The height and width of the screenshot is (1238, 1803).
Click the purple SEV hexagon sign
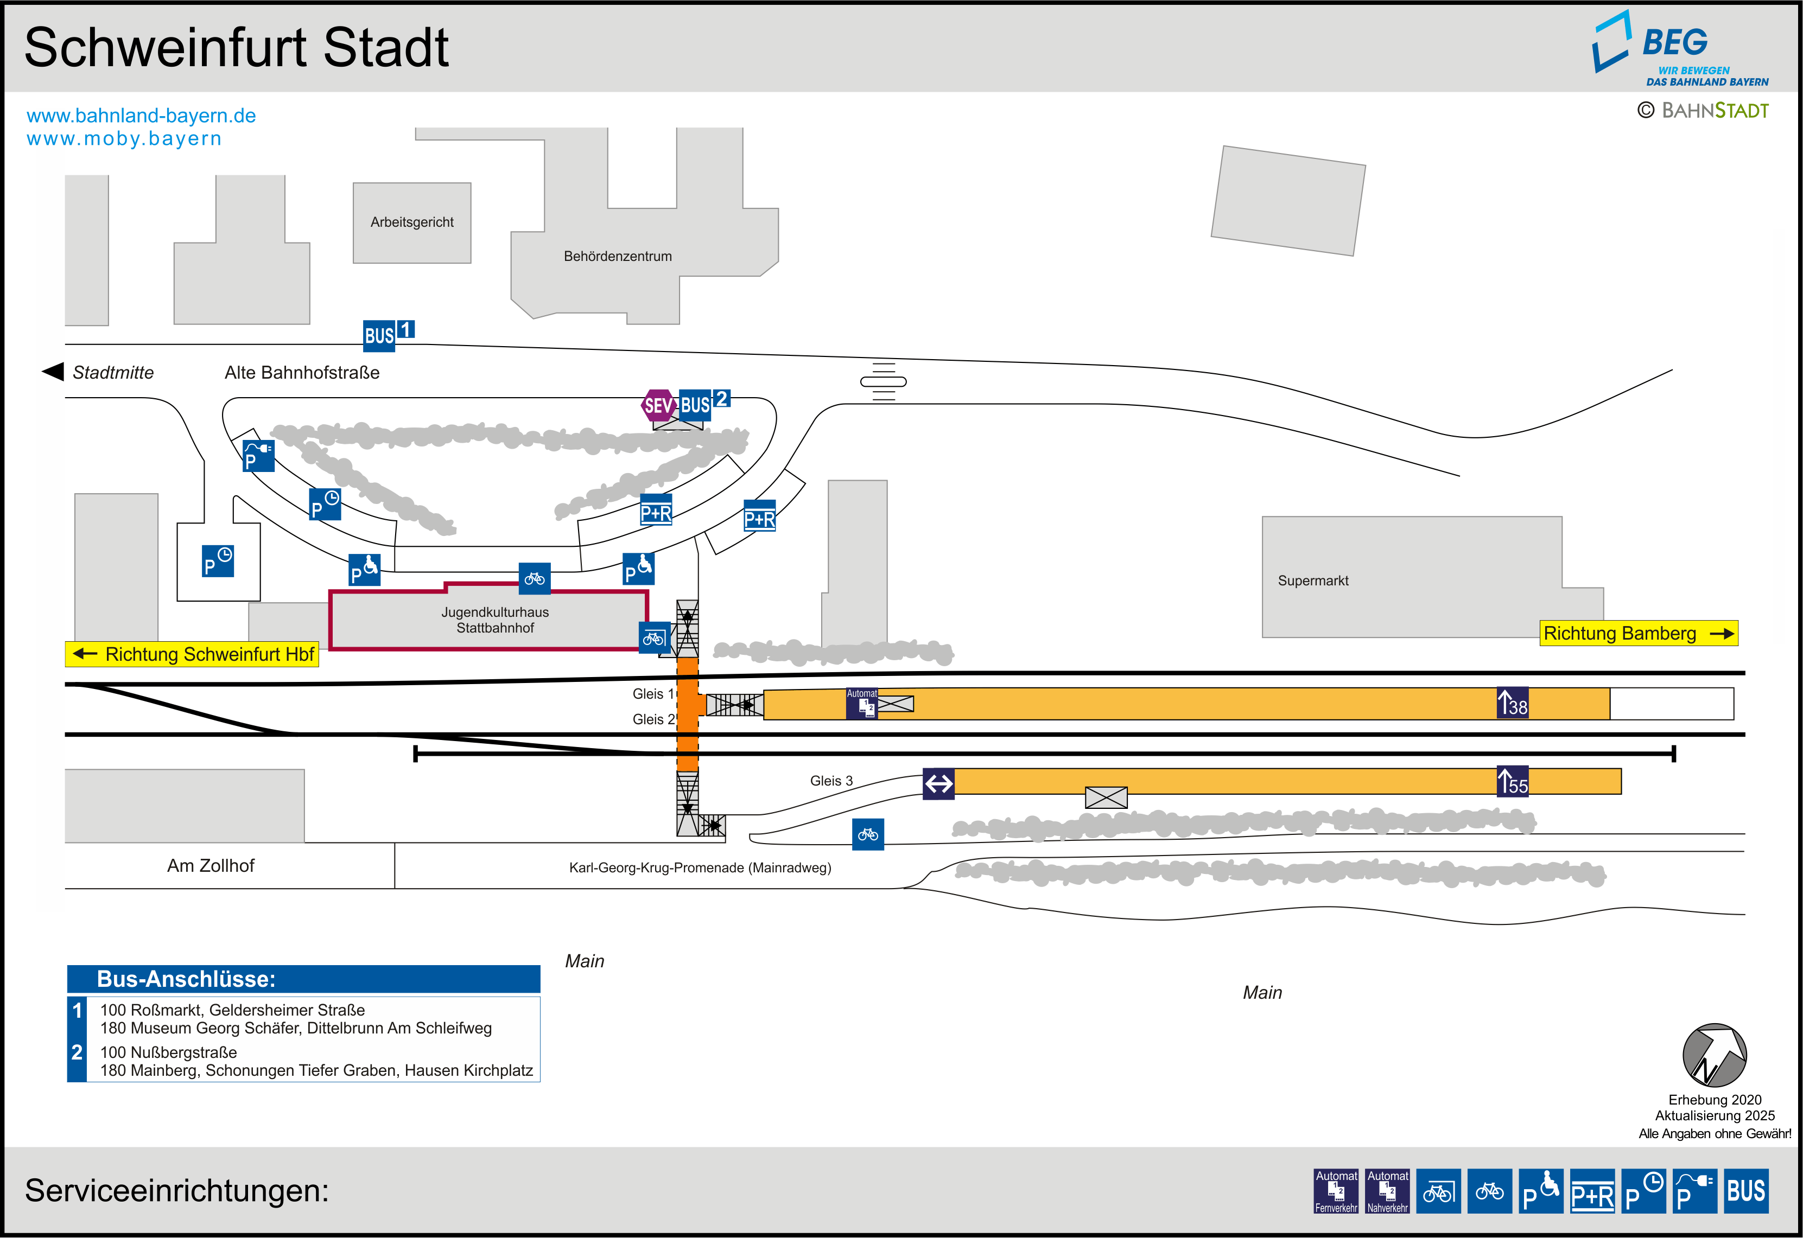(x=657, y=405)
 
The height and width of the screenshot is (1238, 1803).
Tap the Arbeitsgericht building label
(x=412, y=222)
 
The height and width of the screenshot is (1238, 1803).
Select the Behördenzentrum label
(x=618, y=257)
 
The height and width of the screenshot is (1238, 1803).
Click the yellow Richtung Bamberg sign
(x=1638, y=633)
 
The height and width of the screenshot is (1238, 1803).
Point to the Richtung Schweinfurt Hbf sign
(x=192, y=654)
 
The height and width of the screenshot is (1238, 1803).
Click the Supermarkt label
(x=1313, y=581)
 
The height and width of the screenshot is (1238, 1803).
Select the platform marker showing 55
(x=1512, y=781)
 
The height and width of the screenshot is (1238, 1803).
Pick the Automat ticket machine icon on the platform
(x=862, y=704)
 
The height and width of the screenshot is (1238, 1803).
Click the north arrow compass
(x=1714, y=1055)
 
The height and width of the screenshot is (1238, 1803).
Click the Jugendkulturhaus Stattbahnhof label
(x=495, y=620)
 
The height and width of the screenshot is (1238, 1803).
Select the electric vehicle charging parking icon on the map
(x=258, y=455)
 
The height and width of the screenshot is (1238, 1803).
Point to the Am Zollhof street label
(x=210, y=866)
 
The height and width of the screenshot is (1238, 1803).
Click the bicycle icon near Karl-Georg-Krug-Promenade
(x=867, y=834)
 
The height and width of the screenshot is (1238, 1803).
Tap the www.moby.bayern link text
(x=124, y=139)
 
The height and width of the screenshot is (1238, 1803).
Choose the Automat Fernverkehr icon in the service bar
(x=1336, y=1191)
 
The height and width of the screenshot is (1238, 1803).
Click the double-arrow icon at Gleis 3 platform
(x=938, y=783)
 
